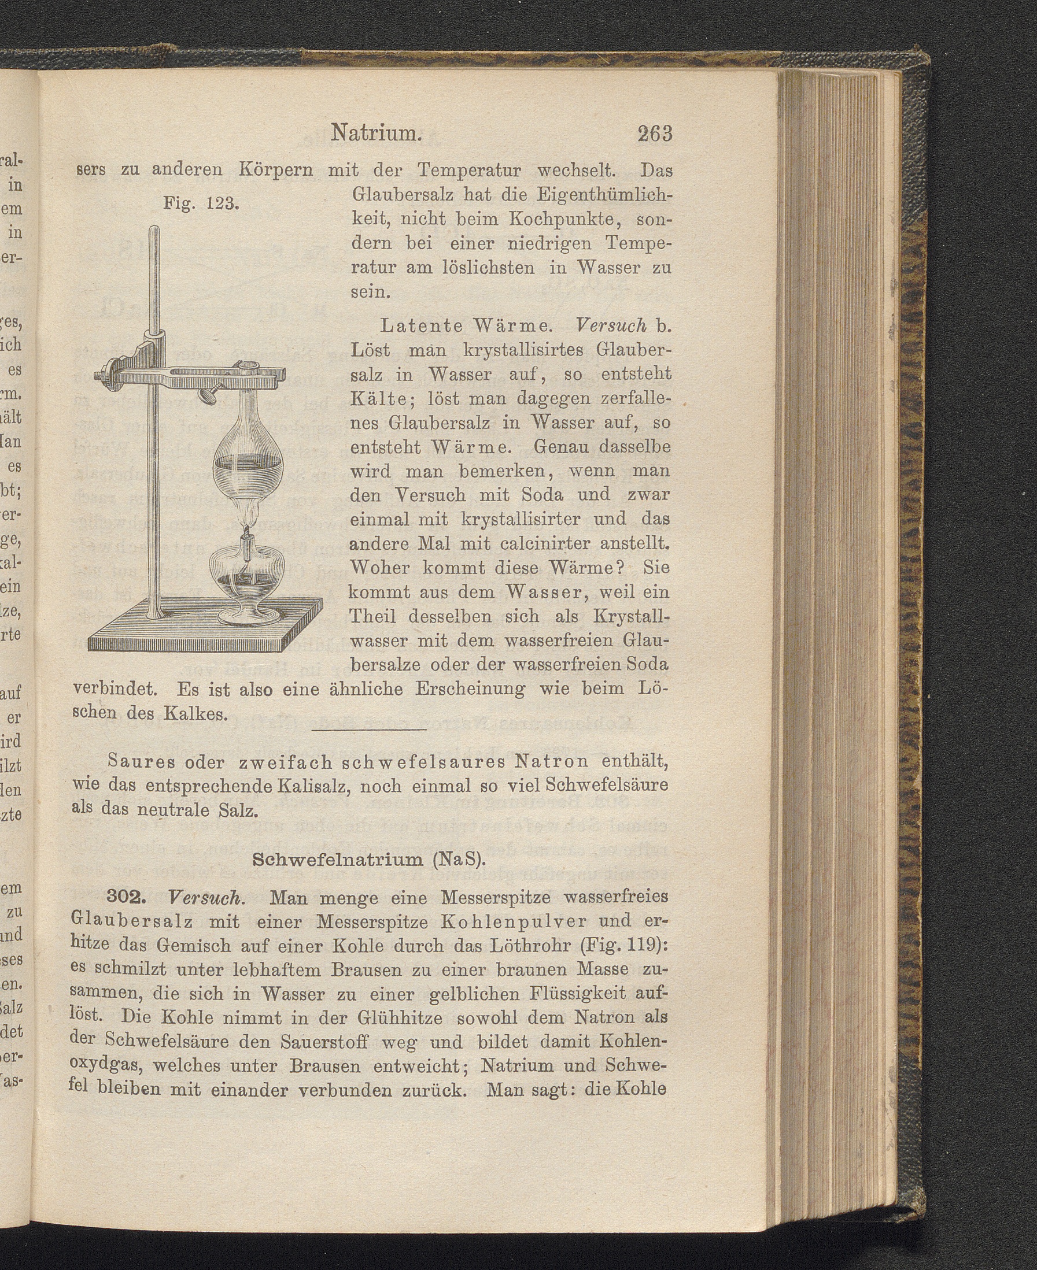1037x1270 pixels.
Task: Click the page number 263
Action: click(x=655, y=133)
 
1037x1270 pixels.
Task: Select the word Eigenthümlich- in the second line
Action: click(x=604, y=195)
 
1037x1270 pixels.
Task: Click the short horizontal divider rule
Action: click(x=369, y=730)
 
